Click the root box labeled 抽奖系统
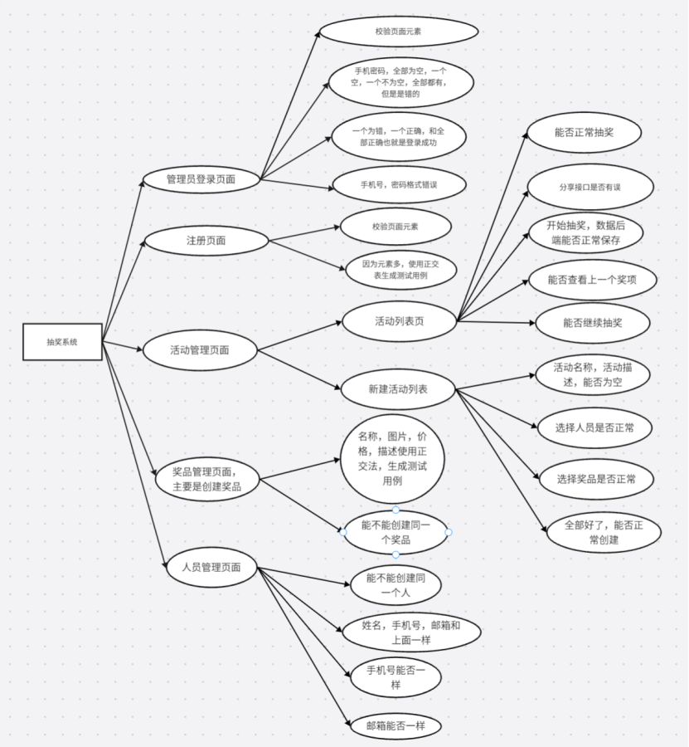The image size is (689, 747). pos(62,342)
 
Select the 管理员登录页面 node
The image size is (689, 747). pos(201,178)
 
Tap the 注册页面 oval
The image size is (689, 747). pos(206,241)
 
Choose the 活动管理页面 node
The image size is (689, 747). pos(201,349)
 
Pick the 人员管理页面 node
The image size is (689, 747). pos(211,568)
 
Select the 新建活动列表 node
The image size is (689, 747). pos(398,388)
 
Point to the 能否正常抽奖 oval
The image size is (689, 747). pos(585,132)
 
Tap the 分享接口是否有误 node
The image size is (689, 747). pos(590,188)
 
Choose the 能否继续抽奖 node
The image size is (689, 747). pos(591,323)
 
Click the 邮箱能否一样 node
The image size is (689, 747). pos(395,725)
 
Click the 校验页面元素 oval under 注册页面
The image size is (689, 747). pos(395,226)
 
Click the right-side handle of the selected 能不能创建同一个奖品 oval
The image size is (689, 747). pos(449,531)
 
